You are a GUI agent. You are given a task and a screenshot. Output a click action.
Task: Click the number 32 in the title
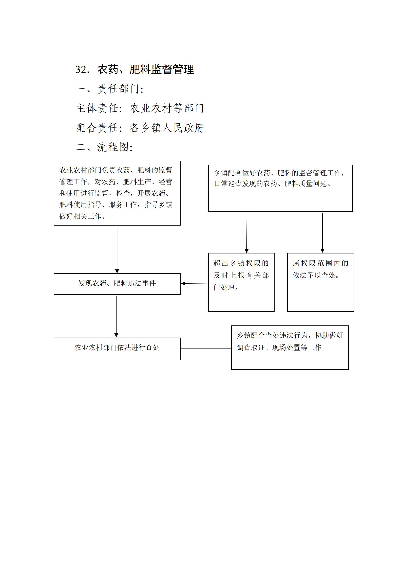tap(81, 69)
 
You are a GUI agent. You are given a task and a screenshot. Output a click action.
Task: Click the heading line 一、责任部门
tap(110, 89)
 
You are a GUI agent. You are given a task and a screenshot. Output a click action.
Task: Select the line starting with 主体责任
tap(140, 108)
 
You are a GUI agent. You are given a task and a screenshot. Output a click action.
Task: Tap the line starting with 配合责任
tap(140, 127)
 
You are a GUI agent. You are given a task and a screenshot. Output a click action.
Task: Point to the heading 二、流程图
tap(104, 147)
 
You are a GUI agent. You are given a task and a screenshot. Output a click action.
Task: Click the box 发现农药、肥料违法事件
tap(117, 284)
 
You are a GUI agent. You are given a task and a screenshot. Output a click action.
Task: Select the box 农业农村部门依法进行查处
tap(117, 349)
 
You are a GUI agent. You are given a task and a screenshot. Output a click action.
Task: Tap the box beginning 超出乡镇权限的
tap(241, 282)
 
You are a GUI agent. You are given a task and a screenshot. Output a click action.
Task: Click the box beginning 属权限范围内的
tap(320, 282)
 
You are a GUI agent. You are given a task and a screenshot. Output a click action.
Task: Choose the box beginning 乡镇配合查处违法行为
tap(290, 347)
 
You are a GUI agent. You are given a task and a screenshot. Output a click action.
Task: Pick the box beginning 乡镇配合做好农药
tap(280, 188)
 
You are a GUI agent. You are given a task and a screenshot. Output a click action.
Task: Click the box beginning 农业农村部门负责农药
tap(117, 193)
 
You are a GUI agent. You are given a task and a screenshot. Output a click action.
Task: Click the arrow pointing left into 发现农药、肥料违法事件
tap(194, 284)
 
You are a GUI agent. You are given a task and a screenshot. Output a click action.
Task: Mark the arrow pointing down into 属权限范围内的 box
tap(322, 233)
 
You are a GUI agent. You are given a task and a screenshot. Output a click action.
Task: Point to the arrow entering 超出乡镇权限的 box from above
tap(247, 233)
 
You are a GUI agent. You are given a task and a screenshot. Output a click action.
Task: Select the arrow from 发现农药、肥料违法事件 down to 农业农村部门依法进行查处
tap(116, 316)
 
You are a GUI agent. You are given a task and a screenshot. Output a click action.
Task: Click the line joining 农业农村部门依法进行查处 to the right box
tap(206, 349)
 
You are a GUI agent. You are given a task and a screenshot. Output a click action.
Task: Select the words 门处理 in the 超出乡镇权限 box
tap(224, 287)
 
